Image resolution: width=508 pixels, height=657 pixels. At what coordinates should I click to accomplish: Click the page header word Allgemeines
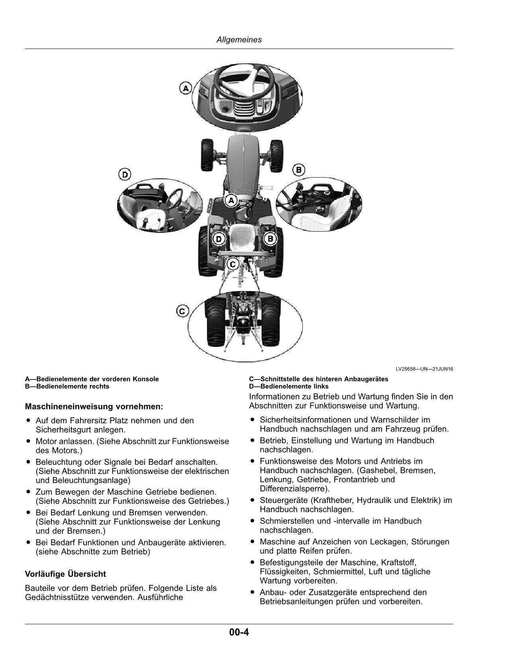(239, 40)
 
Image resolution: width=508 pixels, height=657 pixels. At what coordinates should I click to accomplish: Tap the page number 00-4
(239, 632)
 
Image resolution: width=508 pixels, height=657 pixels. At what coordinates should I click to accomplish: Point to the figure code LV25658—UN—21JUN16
(424, 369)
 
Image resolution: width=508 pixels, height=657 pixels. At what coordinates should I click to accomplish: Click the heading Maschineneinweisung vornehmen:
(94, 407)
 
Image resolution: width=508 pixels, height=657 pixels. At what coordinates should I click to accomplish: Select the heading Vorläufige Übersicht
(65, 574)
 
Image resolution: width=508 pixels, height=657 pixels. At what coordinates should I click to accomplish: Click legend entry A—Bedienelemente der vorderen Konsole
(92, 379)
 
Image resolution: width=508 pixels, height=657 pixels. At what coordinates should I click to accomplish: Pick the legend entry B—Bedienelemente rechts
(67, 386)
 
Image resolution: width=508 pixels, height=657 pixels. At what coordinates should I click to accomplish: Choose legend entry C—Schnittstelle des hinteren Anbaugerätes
(319, 379)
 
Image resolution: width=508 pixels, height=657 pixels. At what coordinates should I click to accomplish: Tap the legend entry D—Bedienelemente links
(289, 386)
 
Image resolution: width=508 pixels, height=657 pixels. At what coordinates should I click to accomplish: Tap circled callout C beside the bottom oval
(182, 311)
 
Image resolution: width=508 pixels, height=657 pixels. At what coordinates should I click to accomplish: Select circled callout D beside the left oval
(125, 174)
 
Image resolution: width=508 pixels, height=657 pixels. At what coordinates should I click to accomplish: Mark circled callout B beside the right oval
(298, 170)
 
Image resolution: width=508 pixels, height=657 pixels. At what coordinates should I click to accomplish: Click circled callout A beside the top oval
(186, 88)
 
